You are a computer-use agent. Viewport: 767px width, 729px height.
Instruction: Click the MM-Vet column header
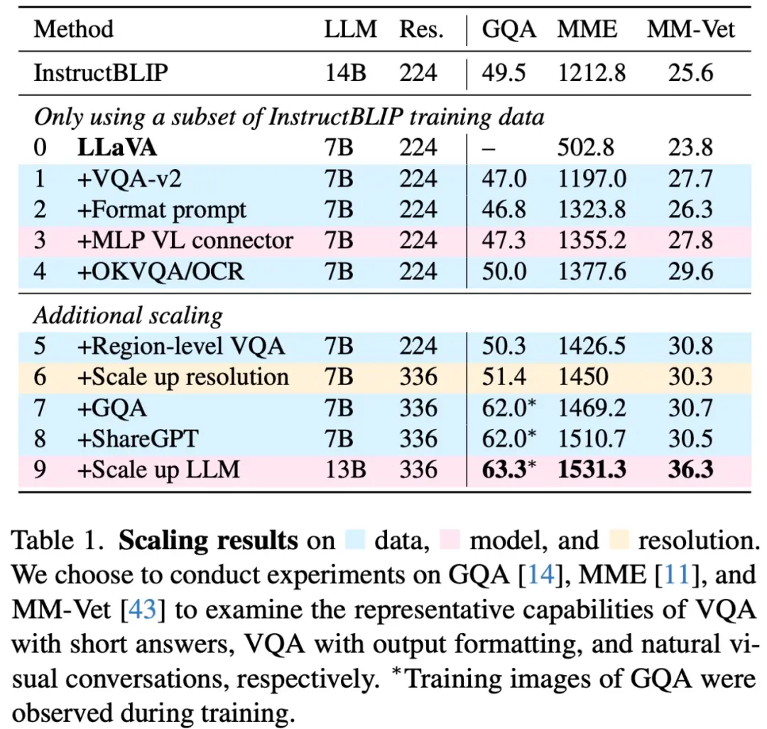click(690, 29)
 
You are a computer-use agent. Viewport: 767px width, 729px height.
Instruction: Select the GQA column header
click(509, 29)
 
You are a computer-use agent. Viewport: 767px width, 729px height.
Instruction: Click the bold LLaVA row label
click(117, 147)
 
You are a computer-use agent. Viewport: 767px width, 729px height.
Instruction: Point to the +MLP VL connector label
click(185, 240)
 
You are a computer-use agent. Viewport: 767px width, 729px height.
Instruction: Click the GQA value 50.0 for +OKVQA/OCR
click(504, 271)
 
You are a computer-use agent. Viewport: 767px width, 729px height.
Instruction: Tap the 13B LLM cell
click(343, 470)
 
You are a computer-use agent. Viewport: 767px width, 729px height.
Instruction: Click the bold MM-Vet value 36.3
click(690, 470)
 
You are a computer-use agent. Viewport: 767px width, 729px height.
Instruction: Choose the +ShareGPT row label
click(138, 438)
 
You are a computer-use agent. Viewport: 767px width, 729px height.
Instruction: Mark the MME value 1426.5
click(592, 345)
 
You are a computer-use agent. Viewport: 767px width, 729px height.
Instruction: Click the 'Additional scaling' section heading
click(128, 315)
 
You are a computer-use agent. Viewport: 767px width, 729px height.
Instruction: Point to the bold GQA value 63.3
click(504, 470)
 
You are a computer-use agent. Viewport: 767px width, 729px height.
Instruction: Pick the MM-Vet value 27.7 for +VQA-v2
click(690, 178)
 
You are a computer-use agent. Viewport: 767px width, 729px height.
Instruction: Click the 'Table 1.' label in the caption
click(60, 541)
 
